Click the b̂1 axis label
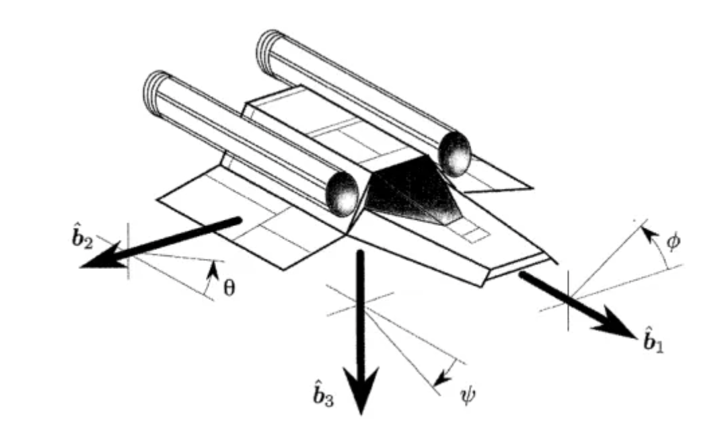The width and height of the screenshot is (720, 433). (649, 341)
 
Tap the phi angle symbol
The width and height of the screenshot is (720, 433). (673, 239)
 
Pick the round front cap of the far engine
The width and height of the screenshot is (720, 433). (454, 153)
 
